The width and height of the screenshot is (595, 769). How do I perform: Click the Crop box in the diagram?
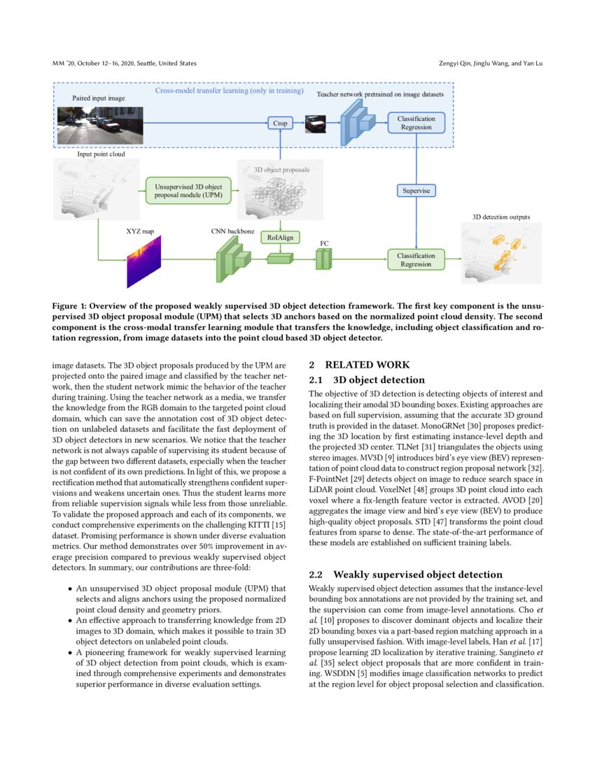coord(280,123)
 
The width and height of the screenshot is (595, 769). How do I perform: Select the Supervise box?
coord(416,190)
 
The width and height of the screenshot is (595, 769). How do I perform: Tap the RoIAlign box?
coord(280,238)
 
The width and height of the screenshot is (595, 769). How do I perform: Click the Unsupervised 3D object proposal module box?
coord(188,191)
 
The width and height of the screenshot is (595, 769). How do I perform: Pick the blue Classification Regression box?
coord(416,122)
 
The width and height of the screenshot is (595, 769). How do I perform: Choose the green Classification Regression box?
coord(416,259)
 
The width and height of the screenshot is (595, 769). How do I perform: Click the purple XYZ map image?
coord(143,261)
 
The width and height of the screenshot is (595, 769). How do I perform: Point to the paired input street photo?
coord(100,126)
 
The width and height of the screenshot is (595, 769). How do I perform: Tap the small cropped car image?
coord(315,124)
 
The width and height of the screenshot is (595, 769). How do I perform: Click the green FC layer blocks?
coord(323,259)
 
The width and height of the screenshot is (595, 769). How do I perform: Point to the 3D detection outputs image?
coord(501,253)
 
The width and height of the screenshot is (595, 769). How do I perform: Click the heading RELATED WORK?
coord(367,364)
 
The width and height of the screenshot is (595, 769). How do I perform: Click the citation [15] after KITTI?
coord(279,525)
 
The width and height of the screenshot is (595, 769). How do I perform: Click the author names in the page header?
coord(491,63)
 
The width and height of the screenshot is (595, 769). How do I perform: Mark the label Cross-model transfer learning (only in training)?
coord(230,91)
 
